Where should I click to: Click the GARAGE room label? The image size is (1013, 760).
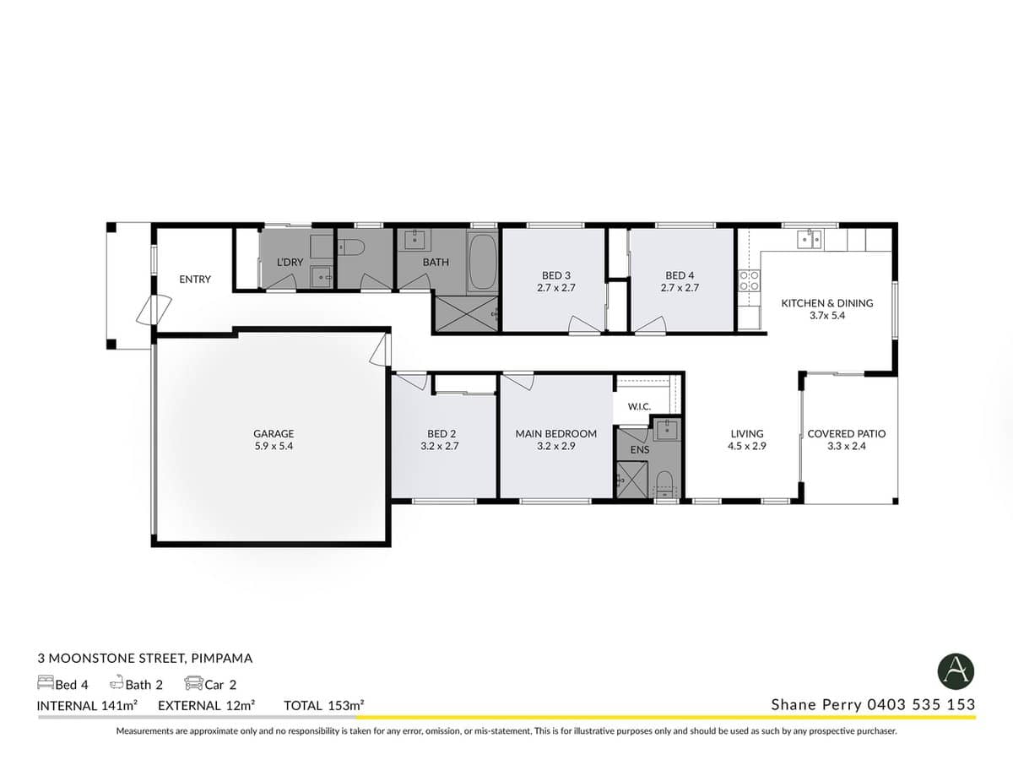point(274,433)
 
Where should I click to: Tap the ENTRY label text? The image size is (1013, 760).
point(195,280)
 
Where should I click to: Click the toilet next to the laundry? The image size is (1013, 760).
point(353,247)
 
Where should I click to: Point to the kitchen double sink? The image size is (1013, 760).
point(810,240)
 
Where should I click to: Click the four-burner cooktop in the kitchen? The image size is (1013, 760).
point(748,280)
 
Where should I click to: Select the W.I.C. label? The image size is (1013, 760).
point(639,407)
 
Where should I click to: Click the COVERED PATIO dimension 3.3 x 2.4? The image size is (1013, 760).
point(847,447)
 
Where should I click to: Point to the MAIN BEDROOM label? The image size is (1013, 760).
point(555,433)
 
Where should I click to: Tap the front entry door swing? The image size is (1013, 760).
point(144,310)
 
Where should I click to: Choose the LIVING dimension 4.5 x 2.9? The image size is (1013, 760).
point(747,447)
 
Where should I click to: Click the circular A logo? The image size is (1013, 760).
point(956,671)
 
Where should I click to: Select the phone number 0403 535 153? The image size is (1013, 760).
point(923,704)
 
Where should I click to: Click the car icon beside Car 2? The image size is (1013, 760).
point(192,683)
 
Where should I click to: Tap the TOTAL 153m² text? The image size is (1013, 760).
point(323,705)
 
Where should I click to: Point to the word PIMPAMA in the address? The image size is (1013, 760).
point(222,658)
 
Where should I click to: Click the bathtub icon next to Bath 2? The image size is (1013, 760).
point(116,683)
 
